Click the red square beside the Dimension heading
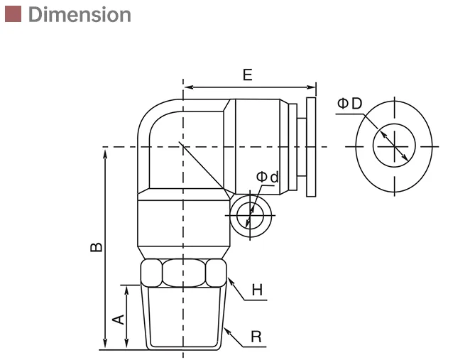tap(13, 14)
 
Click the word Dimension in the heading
tap(80, 14)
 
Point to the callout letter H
tap(257, 290)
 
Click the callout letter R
tap(256, 337)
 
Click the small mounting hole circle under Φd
tap(248, 213)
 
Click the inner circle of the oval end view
tap(393, 147)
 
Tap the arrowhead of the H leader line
tap(229, 279)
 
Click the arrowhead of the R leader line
tap(226, 329)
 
